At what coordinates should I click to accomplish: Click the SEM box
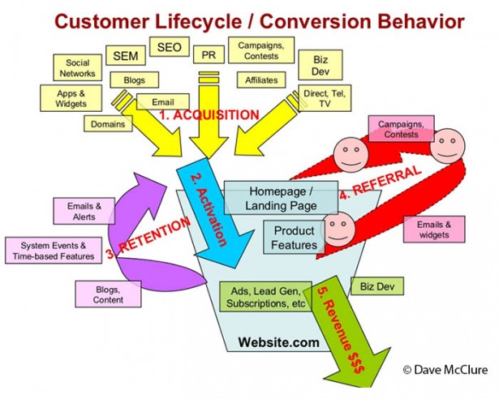[x=125, y=56]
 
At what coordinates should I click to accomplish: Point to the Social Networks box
[x=78, y=67]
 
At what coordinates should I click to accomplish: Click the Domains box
[x=108, y=124]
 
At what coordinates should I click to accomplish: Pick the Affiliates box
[x=260, y=80]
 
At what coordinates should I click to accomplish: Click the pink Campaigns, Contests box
[x=401, y=130]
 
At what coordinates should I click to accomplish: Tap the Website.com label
[x=278, y=343]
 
